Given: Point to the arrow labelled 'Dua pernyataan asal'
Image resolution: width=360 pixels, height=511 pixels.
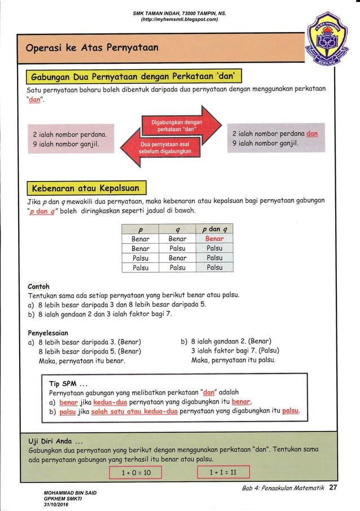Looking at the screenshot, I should click(x=168, y=147).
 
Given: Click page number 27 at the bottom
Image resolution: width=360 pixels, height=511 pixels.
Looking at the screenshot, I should click(x=333, y=487).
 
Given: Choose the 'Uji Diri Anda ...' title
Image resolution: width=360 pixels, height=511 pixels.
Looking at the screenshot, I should click(x=56, y=441).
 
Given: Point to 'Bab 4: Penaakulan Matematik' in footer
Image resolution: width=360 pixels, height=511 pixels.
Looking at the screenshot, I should click(x=282, y=488).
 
